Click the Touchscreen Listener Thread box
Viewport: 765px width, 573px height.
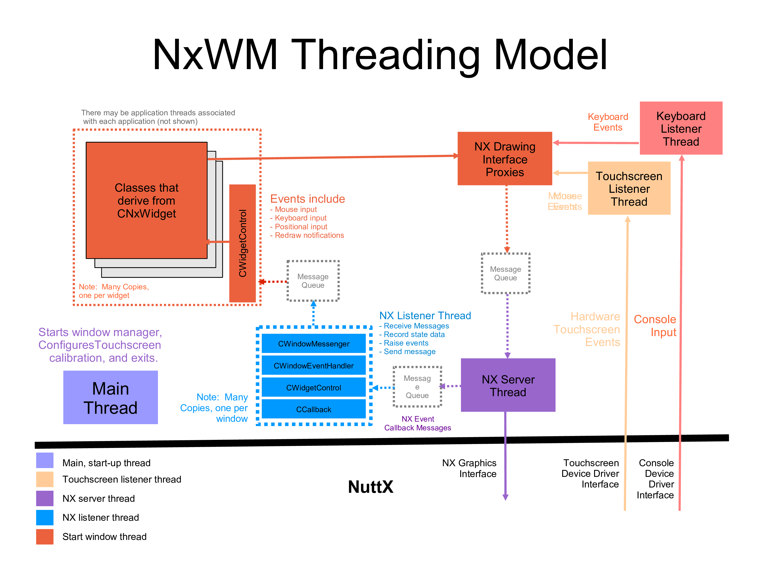629,188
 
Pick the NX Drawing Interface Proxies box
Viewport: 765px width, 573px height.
505,159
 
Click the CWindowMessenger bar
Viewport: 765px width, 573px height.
313,343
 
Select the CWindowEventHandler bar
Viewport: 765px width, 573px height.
313,366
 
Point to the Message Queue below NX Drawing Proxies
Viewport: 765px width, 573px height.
505,273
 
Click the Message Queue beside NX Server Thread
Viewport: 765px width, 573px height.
417,387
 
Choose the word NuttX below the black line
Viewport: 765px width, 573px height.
370,487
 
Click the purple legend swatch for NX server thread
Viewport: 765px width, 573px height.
45,498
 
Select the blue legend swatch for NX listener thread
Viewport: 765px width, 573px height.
45,517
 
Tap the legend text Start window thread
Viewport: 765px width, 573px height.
105,536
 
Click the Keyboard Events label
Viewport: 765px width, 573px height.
608,122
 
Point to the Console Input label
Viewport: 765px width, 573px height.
655,325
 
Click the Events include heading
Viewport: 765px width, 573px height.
307,199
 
